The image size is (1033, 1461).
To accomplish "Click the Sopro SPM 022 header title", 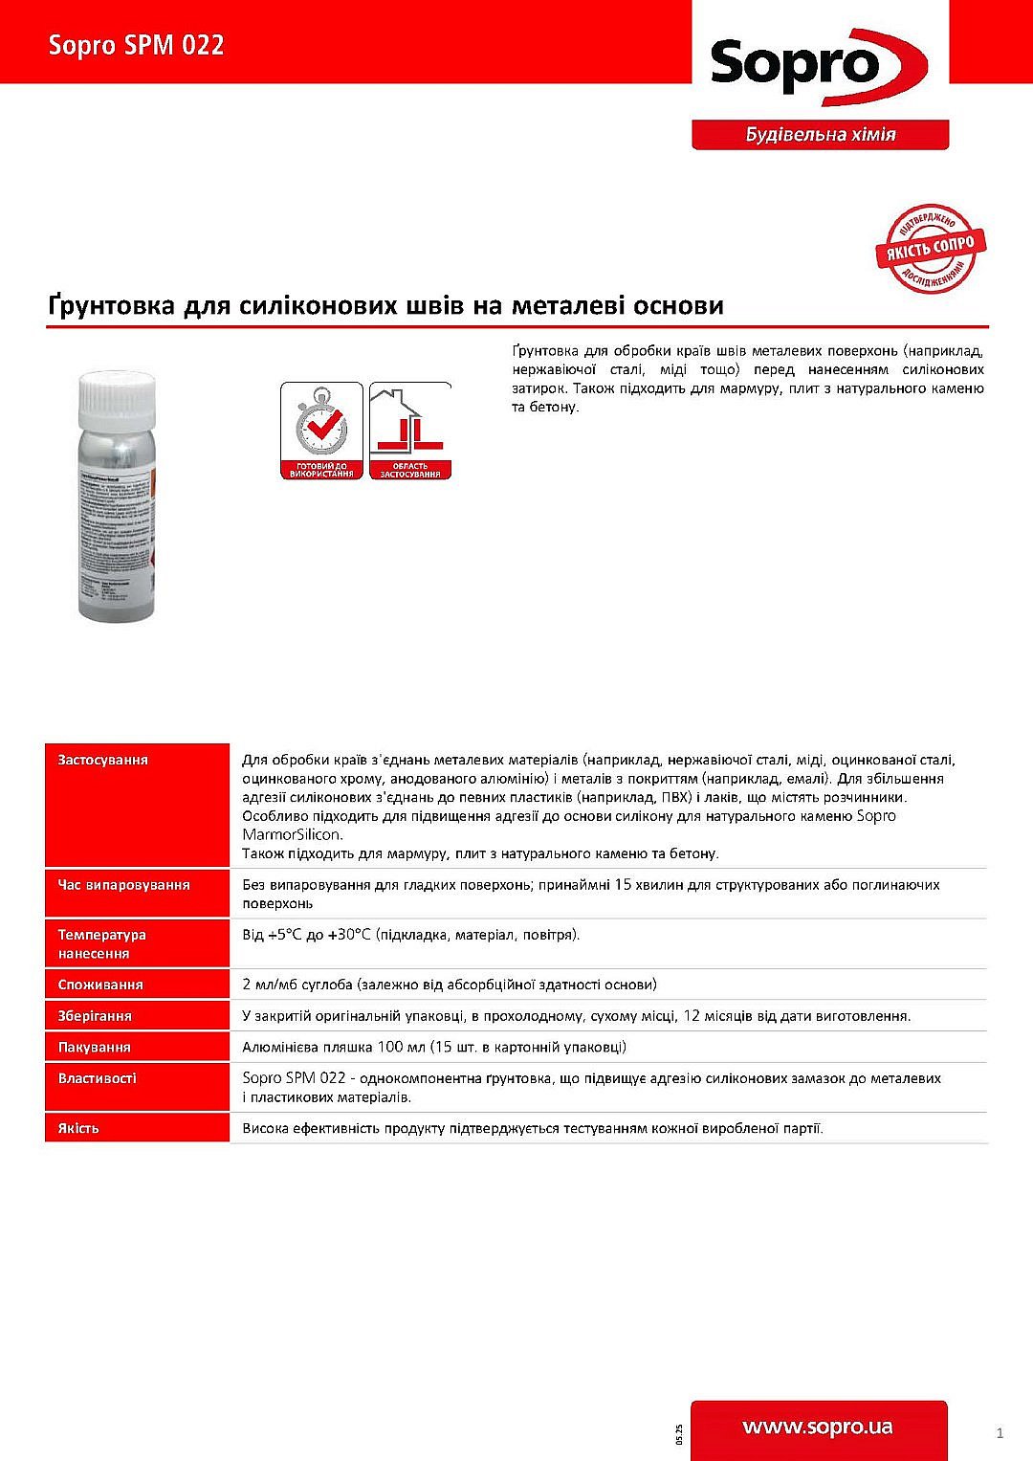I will [x=137, y=45].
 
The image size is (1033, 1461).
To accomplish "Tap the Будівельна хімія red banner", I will [x=820, y=135].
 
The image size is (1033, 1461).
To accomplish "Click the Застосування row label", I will [x=103, y=760].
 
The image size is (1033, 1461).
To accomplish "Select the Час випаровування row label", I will [x=124, y=885].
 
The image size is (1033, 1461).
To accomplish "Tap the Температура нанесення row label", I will [x=102, y=943].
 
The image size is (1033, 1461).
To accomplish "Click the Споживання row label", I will [x=100, y=985].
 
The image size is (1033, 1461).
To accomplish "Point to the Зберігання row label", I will [x=95, y=1016].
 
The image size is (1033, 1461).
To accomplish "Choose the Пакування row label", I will [x=95, y=1048].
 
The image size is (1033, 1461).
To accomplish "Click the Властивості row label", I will [x=98, y=1078].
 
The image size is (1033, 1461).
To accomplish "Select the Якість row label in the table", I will [x=78, y=1129].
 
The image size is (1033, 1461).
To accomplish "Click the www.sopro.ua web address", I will [x=818, y=1428].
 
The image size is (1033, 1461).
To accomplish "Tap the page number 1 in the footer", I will [x=1000, y=1432].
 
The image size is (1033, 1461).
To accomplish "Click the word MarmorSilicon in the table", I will [x=292, y=834].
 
